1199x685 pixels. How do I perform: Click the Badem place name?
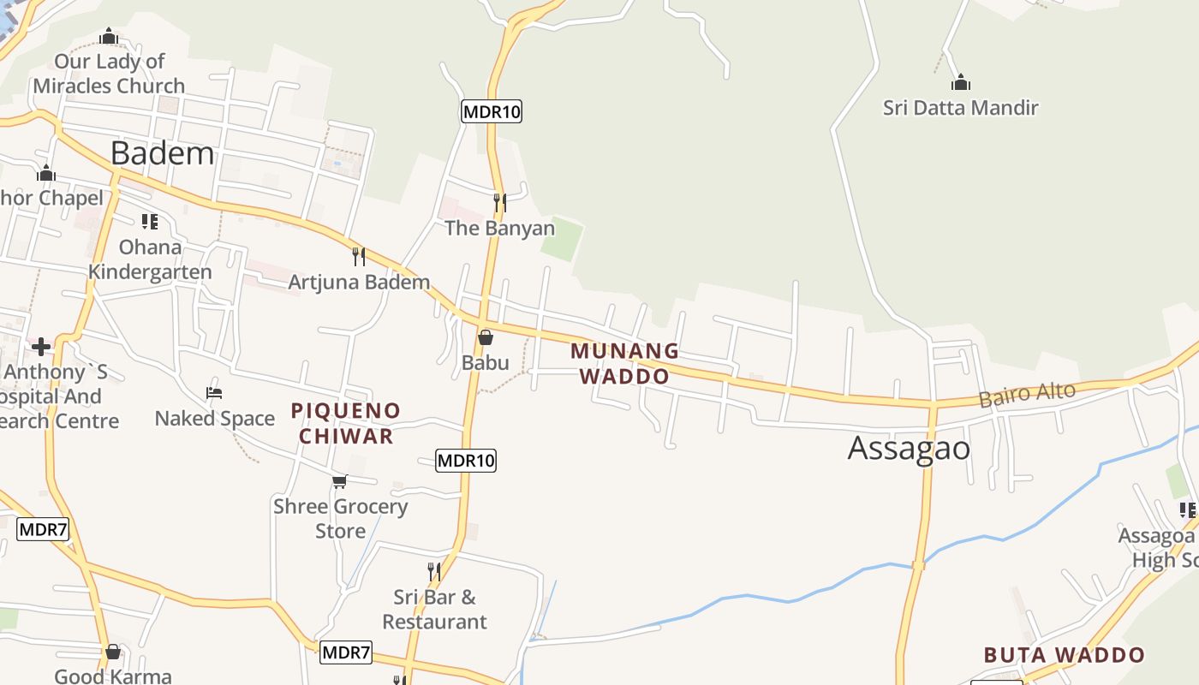click(x=162, y=153)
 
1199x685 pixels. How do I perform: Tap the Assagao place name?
click(x=909, y=449)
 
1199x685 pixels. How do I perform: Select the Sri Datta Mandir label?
click(x=960, y=108)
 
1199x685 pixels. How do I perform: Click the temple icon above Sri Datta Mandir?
click(x=961, y=83)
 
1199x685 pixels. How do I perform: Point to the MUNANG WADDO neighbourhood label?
click(x=624, y=364)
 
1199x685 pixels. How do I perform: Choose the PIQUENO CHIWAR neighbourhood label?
click(x=346, y=423)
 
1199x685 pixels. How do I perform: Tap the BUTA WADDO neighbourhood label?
click(x=1064, y=656)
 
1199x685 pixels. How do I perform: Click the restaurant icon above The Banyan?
click(x=499, y=203)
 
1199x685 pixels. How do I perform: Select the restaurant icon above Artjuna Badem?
click(x=359, y=256)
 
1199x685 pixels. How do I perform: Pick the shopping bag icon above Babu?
click(x=486, y=337)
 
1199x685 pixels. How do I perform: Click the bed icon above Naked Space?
click(x=214, y=393)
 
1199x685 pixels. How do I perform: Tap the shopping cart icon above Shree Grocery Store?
click(x=340, y=481)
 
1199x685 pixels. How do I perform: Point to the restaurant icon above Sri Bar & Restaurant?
click(x=434, y=571)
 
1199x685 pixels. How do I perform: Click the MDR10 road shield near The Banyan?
click(x=492, y=110)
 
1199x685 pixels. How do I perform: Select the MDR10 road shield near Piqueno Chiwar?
click(x=466, y=460)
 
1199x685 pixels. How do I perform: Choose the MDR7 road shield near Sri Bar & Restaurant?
click(x=347, y=652)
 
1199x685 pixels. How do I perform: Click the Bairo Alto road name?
click(x=1027, y=395)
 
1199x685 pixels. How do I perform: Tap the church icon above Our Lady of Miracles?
click(x=108, y=37)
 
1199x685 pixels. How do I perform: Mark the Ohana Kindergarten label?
click(x=150, y=259)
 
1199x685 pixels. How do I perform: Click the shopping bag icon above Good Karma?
click(x=113, y=652)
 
